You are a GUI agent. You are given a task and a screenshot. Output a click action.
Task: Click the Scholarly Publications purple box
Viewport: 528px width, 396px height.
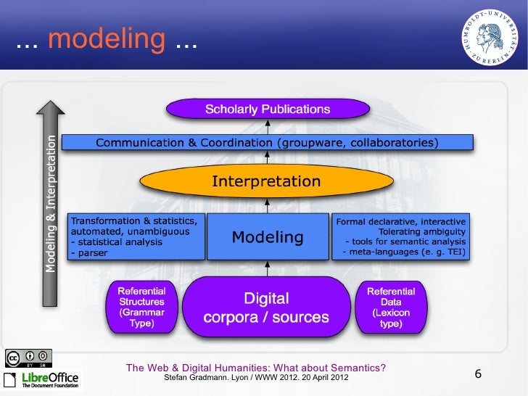coord(267,110)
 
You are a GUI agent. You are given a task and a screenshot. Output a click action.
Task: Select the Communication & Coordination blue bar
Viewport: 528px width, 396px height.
coord(267,143)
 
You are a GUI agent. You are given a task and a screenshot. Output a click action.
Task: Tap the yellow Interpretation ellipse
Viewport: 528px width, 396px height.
coord(266,181)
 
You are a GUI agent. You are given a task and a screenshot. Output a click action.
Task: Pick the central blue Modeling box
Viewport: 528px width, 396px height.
coord(267,236)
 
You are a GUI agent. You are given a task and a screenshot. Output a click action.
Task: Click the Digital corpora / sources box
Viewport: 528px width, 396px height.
coord(266,308)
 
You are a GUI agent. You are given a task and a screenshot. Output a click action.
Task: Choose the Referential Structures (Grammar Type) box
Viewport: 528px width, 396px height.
coord(141,307)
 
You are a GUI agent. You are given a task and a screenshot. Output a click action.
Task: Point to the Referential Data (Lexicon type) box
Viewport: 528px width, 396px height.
coord(390,307)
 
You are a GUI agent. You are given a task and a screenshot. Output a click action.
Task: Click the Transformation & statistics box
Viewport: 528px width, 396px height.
coord(136,236)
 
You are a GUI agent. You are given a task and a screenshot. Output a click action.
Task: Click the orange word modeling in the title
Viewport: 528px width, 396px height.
coord(106,40)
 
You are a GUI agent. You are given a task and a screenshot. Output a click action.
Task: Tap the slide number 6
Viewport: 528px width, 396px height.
coord(478,374)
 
